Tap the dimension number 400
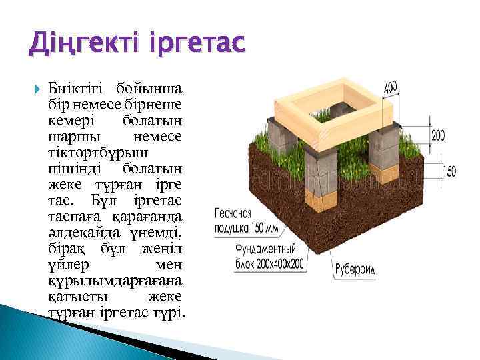point(391,87)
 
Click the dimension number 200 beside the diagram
point(438,136)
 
